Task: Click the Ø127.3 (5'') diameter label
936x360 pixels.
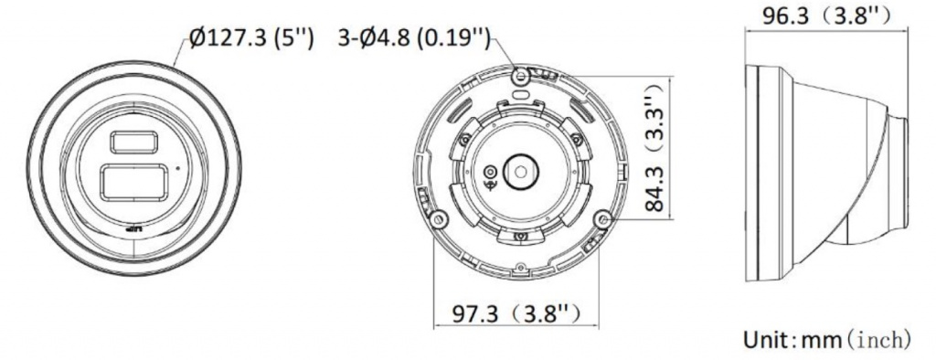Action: click(250, 38)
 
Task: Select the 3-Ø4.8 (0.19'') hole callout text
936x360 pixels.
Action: click(414, 38)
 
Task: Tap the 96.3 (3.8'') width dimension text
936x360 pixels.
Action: click(826, 15)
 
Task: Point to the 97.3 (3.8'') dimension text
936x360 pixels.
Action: click(516, 313)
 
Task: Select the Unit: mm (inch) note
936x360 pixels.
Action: click(826, 340)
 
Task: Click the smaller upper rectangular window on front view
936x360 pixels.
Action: click(134, 143)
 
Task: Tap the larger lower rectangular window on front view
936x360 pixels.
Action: click(134, 183)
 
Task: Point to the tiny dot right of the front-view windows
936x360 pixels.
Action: click(177, 168)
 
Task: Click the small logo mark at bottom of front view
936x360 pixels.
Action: click(133, 229)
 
